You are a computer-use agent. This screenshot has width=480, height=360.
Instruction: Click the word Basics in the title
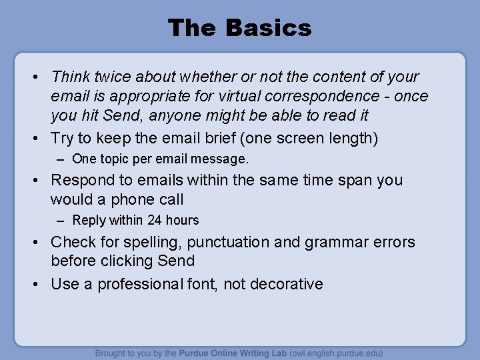(268, 28)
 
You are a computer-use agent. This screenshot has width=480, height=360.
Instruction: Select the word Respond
(82, 180)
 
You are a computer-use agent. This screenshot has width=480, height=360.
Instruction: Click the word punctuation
(230, 242)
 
